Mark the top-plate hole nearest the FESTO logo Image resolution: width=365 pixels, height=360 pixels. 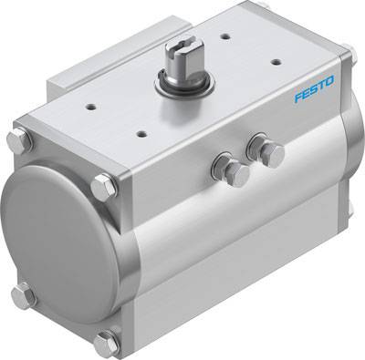point(275,63)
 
